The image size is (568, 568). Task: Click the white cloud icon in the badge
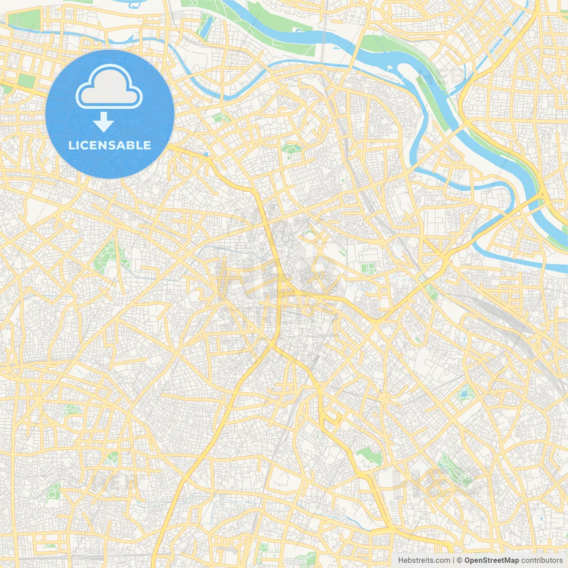pyautogui.click(x=109, y=87)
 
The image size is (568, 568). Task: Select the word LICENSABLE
pyautogui.click(x=109, y=145)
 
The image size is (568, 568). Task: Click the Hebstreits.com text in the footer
pyautogui.click(x=424, y=560)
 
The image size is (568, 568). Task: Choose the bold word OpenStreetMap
pyautogui.click(x=492, y=560)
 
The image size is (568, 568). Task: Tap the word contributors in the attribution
pyautogui.click(x=542, y=560)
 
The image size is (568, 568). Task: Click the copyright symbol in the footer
pyautogui.click(x=460, y=560)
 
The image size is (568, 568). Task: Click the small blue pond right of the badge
pyautogui.click(x=205, y=154)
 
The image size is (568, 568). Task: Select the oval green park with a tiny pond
pyautogui.click(x=291, y=148)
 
